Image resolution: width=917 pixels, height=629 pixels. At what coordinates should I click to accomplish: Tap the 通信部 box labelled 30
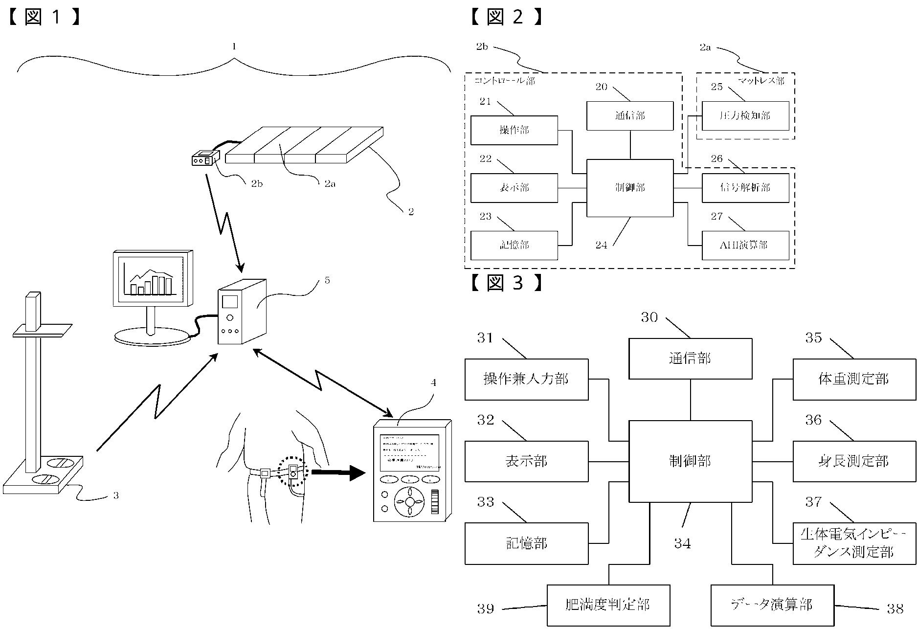pos(690,359)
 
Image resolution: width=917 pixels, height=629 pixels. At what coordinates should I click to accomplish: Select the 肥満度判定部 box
pos(608,605)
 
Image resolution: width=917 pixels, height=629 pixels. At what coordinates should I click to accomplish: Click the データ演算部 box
pos(772,605)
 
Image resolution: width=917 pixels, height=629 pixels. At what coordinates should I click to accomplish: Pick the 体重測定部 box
pos(854,379)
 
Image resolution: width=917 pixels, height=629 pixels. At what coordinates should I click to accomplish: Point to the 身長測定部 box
pos(854,461)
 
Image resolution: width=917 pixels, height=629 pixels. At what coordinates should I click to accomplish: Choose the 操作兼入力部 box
pos(526,379)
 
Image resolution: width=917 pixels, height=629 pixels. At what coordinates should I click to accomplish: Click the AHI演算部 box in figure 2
pos(745,245)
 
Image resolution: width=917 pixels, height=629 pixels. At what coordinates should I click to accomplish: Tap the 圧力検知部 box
pos(745,116)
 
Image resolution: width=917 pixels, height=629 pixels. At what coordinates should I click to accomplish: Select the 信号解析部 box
pos(745,188)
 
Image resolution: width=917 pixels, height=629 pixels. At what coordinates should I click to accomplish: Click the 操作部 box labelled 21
pos(514,130)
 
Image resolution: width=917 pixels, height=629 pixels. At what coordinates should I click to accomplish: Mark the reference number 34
pos(683,543)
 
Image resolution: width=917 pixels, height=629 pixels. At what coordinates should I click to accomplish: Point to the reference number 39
pos(486,609)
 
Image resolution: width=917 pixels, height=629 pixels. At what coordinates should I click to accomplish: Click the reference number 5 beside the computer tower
pos(327,280)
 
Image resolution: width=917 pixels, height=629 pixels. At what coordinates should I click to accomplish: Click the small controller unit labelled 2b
pos(204,159)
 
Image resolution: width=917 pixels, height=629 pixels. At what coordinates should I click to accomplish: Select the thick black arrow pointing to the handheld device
pos(338,473)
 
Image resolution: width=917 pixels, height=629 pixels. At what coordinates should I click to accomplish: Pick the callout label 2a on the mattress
pos(330,184)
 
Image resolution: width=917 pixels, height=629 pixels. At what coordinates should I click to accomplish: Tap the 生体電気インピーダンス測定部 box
pos(854,543)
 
